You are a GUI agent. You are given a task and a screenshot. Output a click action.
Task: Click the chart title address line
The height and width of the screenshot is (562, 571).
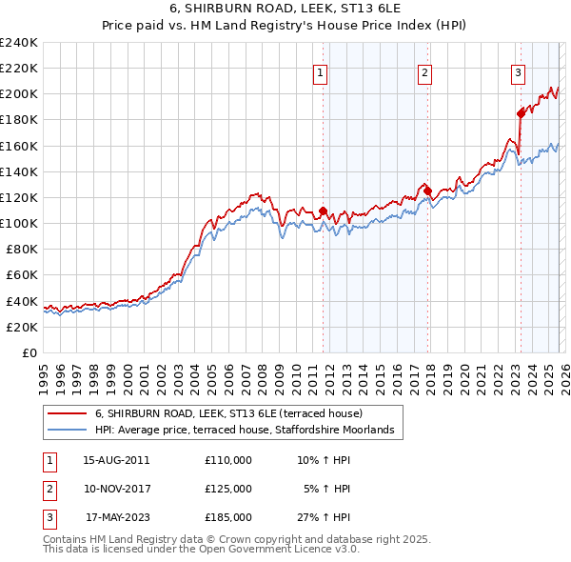285,9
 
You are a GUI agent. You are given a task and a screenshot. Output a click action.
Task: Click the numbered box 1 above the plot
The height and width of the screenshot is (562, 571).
321,71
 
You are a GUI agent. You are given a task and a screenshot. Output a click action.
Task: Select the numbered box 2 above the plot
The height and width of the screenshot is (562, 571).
424,71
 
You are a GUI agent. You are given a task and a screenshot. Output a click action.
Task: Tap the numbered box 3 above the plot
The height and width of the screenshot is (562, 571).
518,71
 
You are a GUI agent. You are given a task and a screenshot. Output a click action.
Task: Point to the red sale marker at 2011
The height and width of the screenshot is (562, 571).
324,211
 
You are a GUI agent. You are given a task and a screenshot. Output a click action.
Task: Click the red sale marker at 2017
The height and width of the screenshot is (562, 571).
428,191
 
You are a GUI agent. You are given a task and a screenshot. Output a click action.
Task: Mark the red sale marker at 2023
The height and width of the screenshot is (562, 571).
521,113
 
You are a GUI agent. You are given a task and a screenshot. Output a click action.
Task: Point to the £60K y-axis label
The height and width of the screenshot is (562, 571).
22,275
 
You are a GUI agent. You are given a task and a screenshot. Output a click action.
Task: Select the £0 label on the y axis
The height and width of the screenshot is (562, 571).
30,352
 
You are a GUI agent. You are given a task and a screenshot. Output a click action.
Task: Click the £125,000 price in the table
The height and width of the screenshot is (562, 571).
228,489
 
